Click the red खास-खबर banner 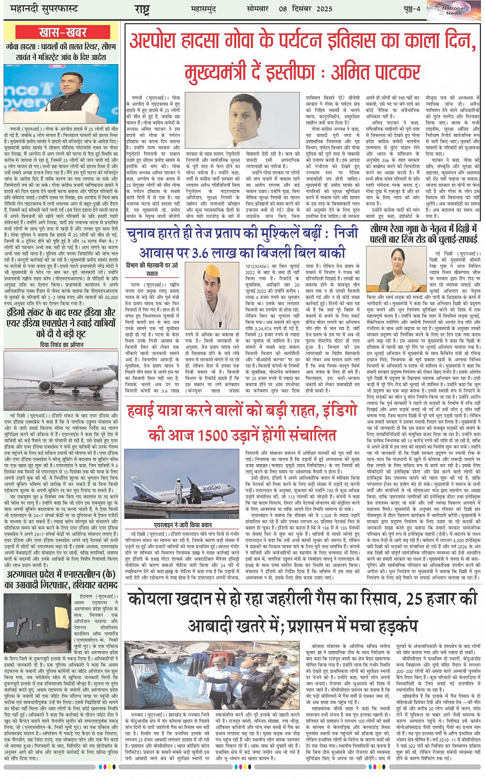tap(63, 32)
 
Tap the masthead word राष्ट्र tap(142, 9)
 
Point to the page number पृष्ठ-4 tap(411, 9)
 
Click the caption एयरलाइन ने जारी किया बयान tap(183, 525)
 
